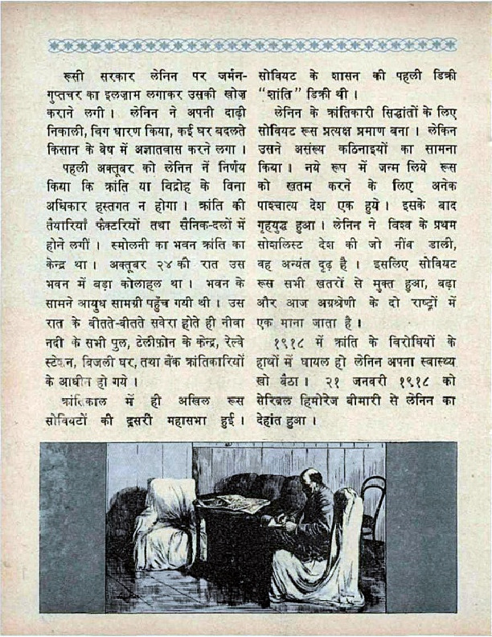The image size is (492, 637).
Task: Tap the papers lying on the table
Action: pos(234,504)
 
